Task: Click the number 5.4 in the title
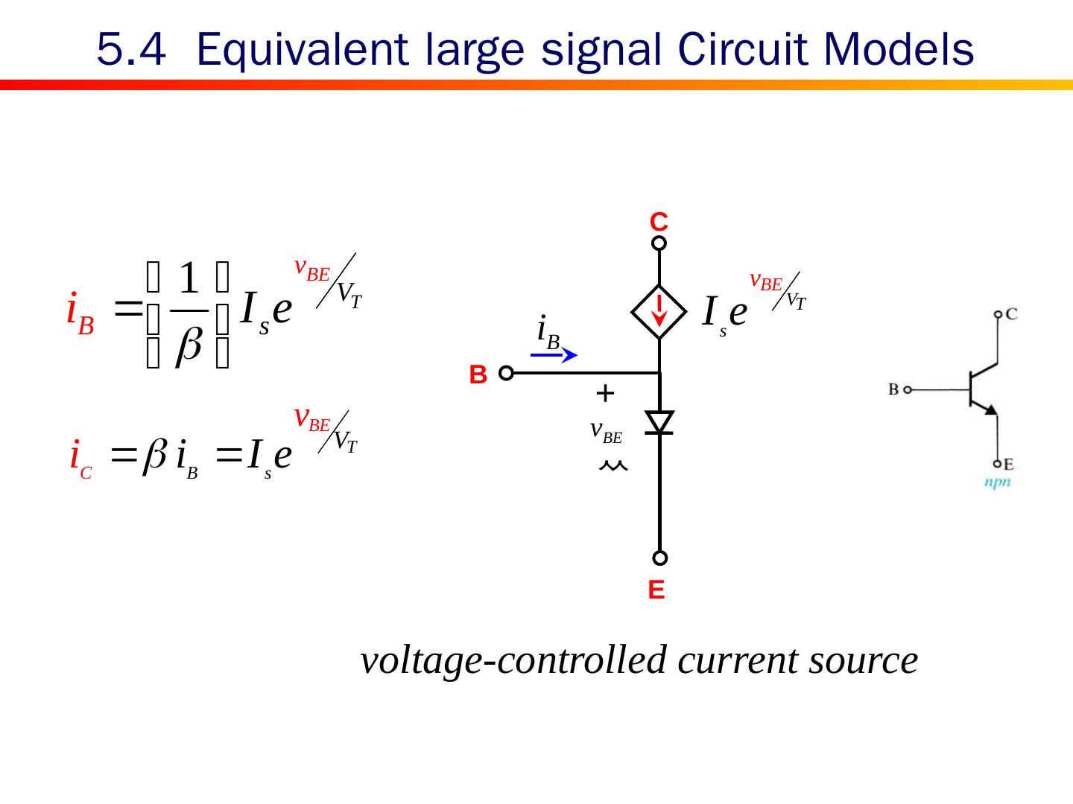[x=130, y=50]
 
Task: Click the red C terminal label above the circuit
[x=659, y=221]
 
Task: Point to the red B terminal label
[x=478, y=374]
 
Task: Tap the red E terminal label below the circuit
[x=656, y=590]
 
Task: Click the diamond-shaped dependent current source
[x=659, y=311]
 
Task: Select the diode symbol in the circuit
[x=659, y=422]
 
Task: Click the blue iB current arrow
[x=554, y=356]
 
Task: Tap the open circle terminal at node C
[x=659, y=243]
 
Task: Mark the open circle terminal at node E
[x=659, y=558]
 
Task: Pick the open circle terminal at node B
[x=506, y=373]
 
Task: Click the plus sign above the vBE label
[x=605, y=393]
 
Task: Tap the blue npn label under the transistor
[x=997, y=482]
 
